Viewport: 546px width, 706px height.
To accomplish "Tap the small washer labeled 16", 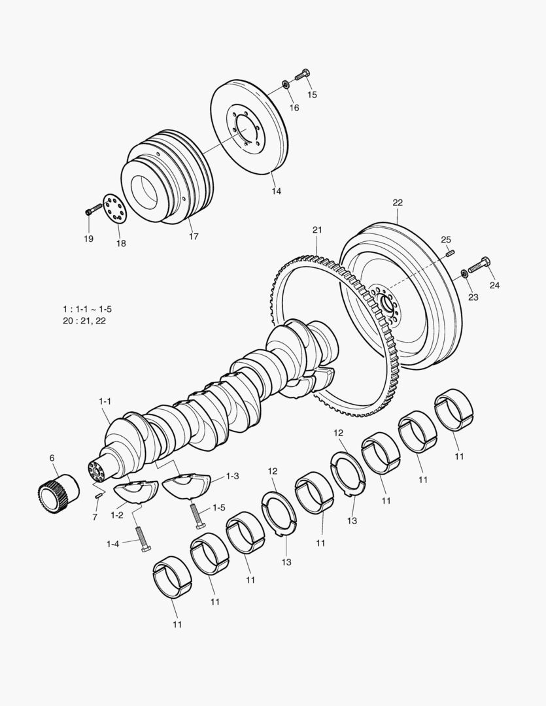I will coord(287,84).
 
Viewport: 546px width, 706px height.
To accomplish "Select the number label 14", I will coord(277,191).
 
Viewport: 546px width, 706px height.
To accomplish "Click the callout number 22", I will coord(398,203).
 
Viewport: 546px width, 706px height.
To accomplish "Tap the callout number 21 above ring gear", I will coord(317,230).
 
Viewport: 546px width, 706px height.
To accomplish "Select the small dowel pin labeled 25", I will coord(451,252).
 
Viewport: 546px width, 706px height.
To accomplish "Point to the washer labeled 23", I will coord(464,273).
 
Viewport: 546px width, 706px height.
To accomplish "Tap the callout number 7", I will coord(95,517).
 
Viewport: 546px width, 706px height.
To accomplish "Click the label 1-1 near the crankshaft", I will coord(105,400).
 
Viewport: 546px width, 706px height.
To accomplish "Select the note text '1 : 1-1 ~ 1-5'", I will coord(92,308).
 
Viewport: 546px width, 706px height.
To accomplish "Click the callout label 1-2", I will coord(117,515).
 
